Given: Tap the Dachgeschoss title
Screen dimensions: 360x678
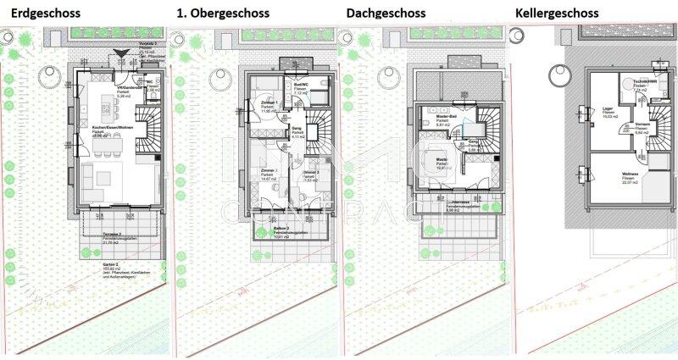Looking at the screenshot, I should click(388, 14).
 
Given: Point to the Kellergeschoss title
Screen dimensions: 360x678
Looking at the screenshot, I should click(557, 14).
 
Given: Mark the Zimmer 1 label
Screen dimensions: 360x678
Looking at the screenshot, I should click(268, 102).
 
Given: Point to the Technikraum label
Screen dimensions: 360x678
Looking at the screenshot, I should click(647, 81).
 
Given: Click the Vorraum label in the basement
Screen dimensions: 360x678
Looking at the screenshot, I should click(641, 127).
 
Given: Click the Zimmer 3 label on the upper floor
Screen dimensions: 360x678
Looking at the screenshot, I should click(310, 171).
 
